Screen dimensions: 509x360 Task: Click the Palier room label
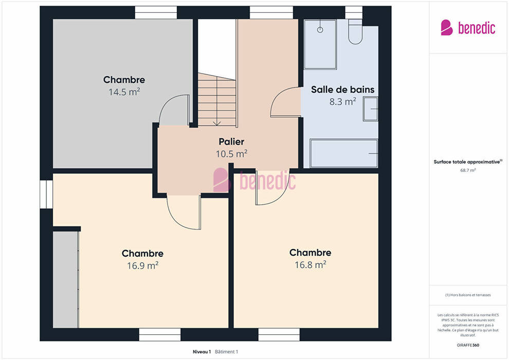click(x=231, y=142)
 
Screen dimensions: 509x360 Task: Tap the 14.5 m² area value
click(x=124, y=92)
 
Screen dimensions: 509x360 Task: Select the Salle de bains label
click(x=342, y=89)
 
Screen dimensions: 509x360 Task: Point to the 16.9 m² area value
click(x=142, y=265)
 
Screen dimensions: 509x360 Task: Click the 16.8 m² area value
click(x=311, y=265)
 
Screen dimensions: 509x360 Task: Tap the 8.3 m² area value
click(x=343, y=102)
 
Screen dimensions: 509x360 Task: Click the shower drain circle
click(x=320, y=30)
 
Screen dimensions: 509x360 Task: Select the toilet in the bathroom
click(x=355, y=31)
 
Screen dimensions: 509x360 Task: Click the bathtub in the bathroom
click(x=344, y=153)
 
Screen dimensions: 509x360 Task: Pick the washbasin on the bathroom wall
click(x=370, y=109)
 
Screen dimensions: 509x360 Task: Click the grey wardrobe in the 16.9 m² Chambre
click(x=66, y=279)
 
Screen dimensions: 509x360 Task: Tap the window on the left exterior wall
click(x=46, y=194)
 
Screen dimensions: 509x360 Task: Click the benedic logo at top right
click(x=468, y=28)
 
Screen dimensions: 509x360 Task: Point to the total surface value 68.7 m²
click(x=468, y=170)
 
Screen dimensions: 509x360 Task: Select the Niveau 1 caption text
click(x=202, y=352)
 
